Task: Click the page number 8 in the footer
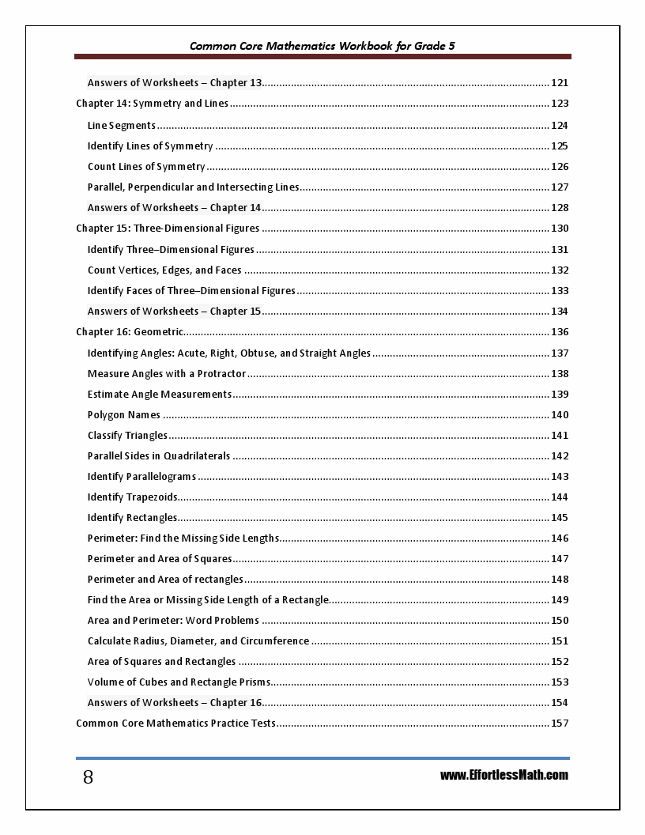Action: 88,777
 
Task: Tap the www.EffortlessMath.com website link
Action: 504,775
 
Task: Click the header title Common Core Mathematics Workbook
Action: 322,46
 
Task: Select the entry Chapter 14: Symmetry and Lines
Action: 152,104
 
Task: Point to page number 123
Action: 560,104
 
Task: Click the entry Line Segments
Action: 122,125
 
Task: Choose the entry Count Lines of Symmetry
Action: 146,167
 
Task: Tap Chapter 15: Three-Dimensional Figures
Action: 168,229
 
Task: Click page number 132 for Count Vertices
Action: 560,270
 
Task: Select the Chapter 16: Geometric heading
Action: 130,332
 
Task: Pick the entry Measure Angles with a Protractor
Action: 167,374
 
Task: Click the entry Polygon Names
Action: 124,415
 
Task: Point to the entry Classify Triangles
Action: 127,436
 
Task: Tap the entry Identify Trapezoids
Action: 133,497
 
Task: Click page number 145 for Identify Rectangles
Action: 560,518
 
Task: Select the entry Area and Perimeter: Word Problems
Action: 173,621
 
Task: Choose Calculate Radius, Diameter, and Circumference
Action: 198,641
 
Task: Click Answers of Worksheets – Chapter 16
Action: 174,703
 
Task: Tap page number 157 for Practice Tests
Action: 560,724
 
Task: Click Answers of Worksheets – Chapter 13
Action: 175,83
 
